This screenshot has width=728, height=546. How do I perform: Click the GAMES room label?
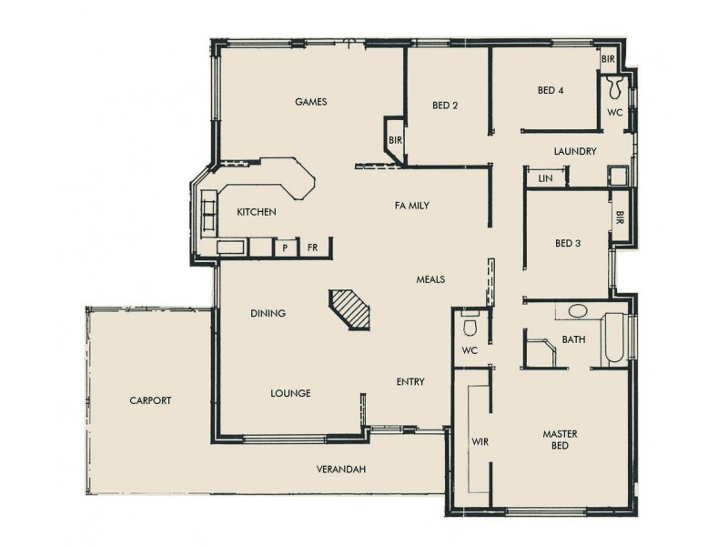(310, 102)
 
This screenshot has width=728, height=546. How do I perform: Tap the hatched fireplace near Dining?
(351, 311)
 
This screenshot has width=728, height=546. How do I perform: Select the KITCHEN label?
(256, 212)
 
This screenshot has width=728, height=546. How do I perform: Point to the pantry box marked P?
(285, 248)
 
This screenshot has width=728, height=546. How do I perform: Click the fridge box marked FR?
(312, 248)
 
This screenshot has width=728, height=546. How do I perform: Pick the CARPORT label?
(150, 400)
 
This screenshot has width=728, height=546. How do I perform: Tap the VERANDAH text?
(341, 470)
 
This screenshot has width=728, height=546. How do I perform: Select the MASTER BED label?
(561, 440)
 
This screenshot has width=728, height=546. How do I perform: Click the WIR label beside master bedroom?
(480, 441)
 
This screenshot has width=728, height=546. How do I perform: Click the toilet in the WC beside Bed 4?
(615, 88)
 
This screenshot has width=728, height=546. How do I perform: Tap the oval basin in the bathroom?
(578, 311)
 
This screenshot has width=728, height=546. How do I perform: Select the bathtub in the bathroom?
(614, 339)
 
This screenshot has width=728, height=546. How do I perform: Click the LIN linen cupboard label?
(545, 178)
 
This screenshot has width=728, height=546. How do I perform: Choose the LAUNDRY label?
(574, 152)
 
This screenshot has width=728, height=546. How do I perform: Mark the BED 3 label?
(569, 243)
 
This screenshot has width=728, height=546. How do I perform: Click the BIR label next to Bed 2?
(395, 140)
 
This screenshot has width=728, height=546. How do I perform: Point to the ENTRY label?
(409, 382)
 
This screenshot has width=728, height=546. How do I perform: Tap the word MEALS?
(430, 279)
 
